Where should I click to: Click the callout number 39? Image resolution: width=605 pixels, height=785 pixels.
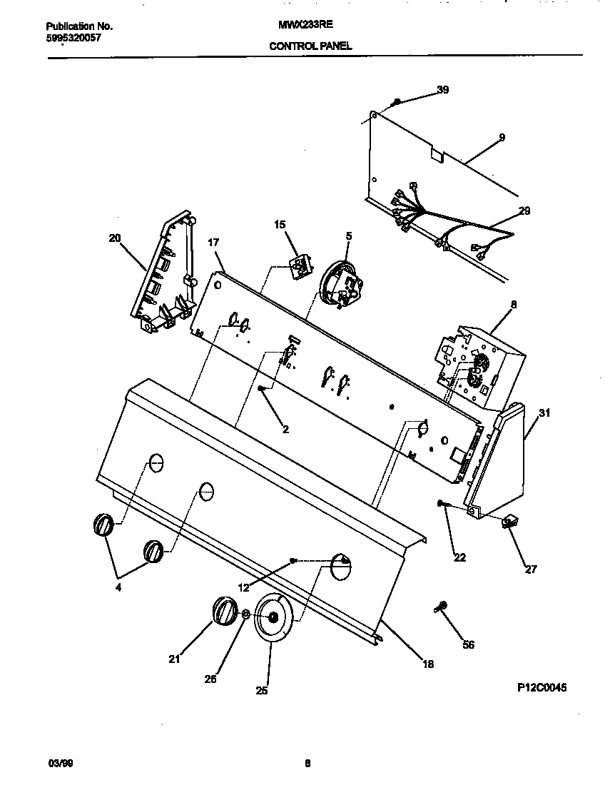tap(443, 90)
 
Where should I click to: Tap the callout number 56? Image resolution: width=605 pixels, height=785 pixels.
tap(468, 645)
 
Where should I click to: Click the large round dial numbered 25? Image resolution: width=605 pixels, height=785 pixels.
tap(270, 618)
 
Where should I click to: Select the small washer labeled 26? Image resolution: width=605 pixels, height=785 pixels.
tap(245, 614)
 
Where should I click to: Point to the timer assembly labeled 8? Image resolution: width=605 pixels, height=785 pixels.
tap(474, 368)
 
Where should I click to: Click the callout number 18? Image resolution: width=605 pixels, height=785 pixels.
tap(427, 664)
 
